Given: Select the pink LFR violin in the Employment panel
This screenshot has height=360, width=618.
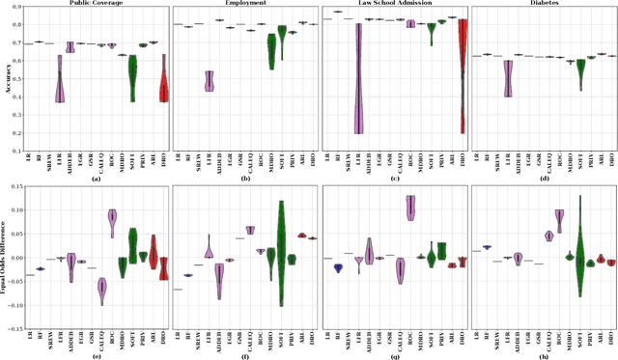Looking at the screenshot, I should (x=210, y=81).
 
